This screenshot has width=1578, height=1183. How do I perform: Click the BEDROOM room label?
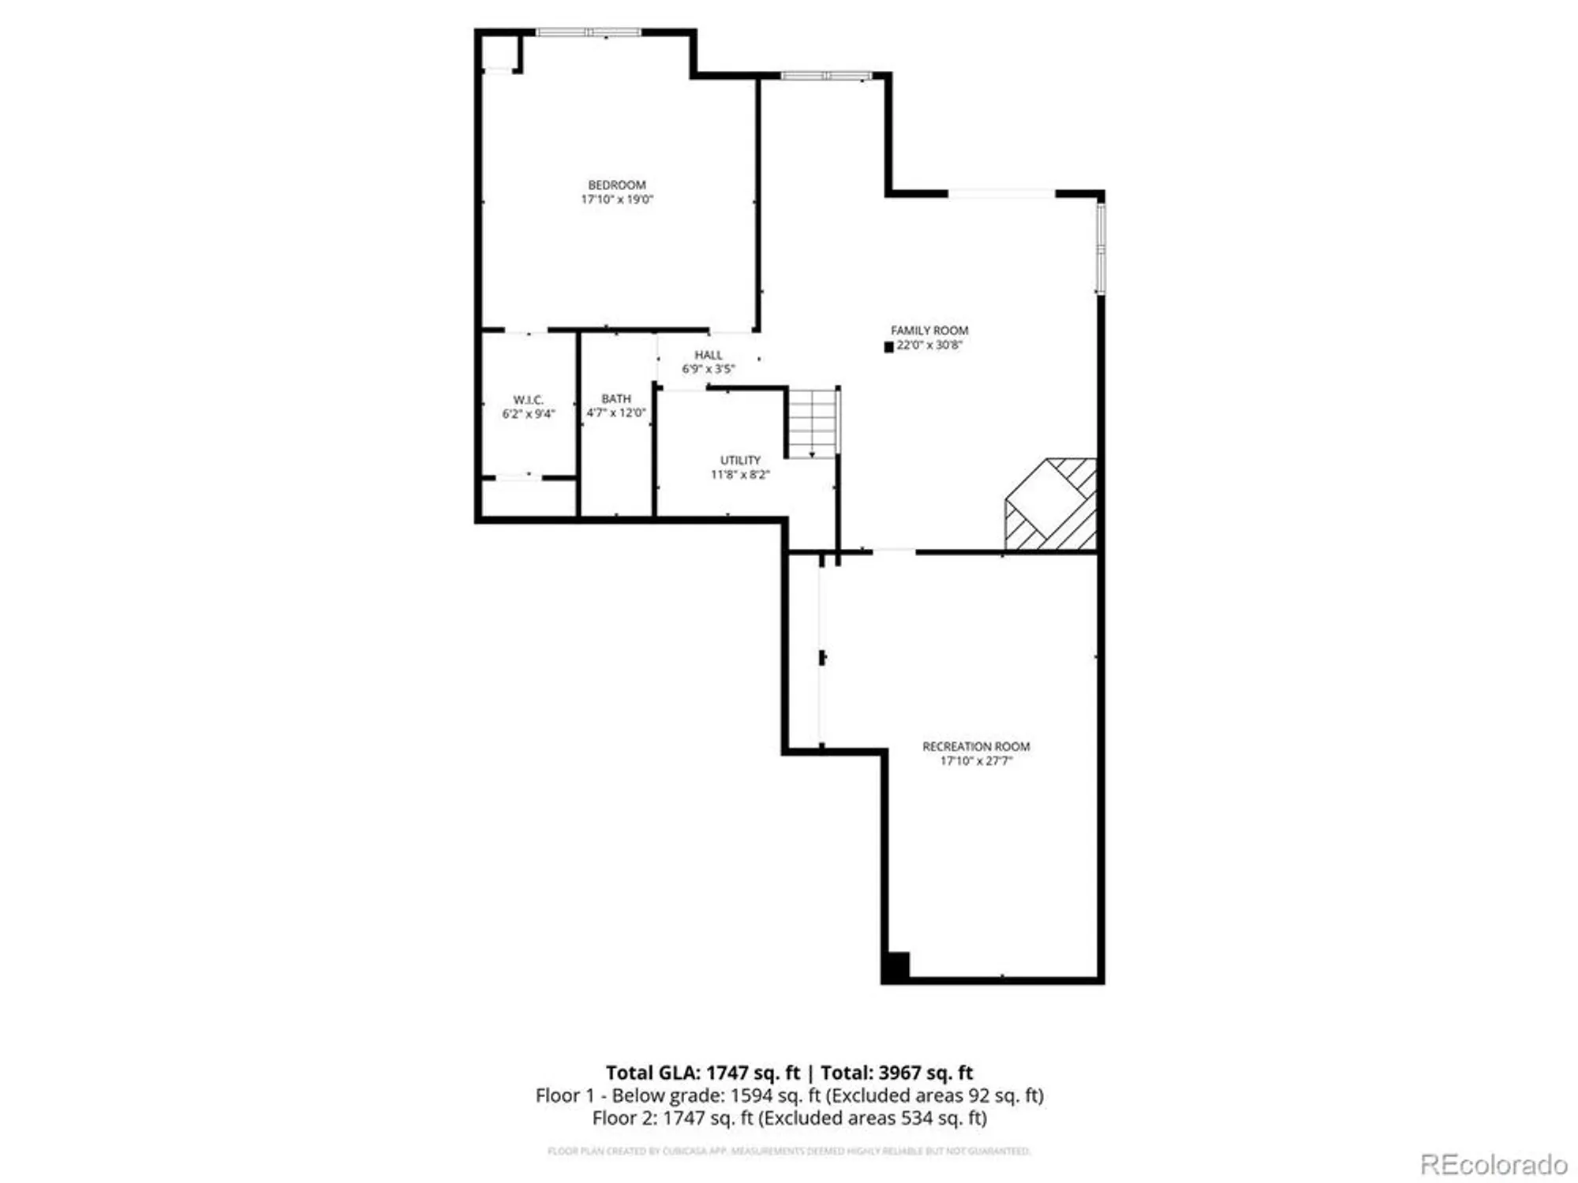(x=616, y=185)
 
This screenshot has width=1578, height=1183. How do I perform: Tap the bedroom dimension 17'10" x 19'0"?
(x=617, y=200)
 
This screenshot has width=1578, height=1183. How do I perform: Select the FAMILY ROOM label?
(x=929, y=330)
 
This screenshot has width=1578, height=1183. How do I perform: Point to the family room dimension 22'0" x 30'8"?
(x=929, y=345)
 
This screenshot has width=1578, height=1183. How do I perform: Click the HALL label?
(x=709, y=355)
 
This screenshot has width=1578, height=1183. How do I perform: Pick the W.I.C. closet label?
(x=528, y=400)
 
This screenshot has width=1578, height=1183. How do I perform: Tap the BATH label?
(x=616, y=399)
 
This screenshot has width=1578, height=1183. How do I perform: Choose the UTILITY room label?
(x=740, y=460)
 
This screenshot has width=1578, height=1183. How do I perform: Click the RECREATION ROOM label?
(x=976, y=746)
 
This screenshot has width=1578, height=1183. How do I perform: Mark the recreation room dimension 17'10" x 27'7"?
(x=976, y=761)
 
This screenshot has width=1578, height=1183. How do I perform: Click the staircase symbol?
(x=813, y=423)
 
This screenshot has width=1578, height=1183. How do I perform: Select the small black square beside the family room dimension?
(x=889, y=347)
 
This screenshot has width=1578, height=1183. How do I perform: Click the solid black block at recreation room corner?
(x=896, y=966)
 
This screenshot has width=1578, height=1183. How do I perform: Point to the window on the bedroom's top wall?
(x=589, y=32)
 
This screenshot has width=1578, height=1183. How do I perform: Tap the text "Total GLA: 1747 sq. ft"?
(x=702, y=1073)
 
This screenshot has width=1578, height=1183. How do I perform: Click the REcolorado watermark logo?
(x=1494, y=1164)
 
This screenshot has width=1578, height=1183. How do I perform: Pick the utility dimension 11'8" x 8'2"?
(x=740, y=475)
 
